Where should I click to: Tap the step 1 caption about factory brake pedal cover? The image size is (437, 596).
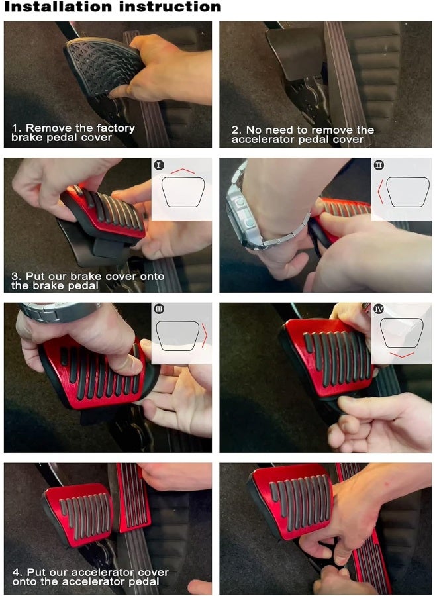73,132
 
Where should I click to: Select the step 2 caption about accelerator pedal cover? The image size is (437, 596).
303,134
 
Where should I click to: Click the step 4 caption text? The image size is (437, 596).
89,576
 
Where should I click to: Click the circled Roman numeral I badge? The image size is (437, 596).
159,164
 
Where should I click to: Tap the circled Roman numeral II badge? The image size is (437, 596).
379,165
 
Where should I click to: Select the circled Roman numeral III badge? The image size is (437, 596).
159,309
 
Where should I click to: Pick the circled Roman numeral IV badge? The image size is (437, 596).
379,309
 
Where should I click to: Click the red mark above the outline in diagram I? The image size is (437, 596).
183,170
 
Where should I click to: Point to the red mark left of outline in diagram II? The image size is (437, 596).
379,193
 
